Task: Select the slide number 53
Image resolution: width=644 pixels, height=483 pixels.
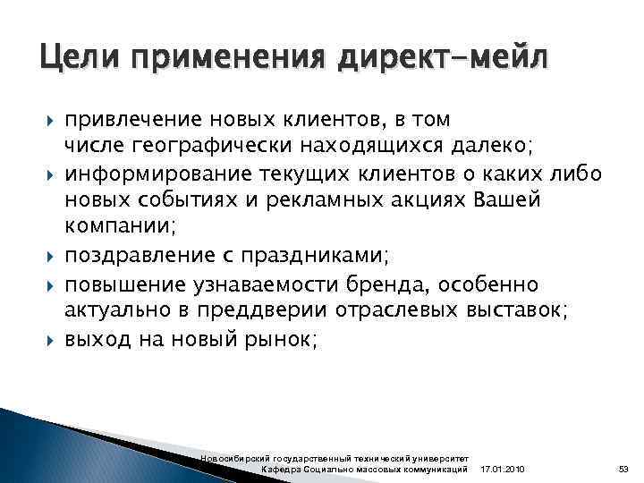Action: click(623, 470)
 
